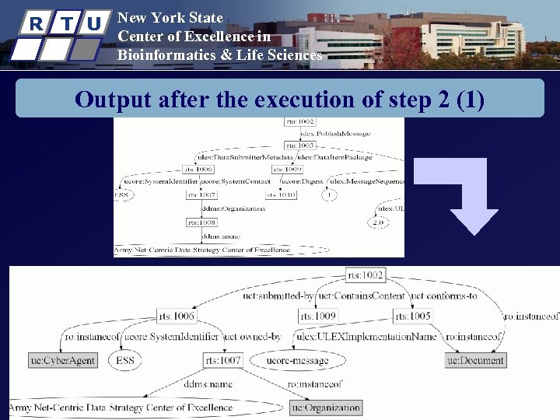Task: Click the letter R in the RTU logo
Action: click(36, 23)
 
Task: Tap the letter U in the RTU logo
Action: click(93, 23)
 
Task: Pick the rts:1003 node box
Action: click(299, 145)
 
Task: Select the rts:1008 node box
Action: click(197, 222)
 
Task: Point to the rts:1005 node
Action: click(411, 316)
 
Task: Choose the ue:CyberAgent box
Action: click(61, 361)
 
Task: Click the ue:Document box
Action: click(476, 360)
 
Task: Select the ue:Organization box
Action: click(325, 407)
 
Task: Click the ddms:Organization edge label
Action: click(233, 208)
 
